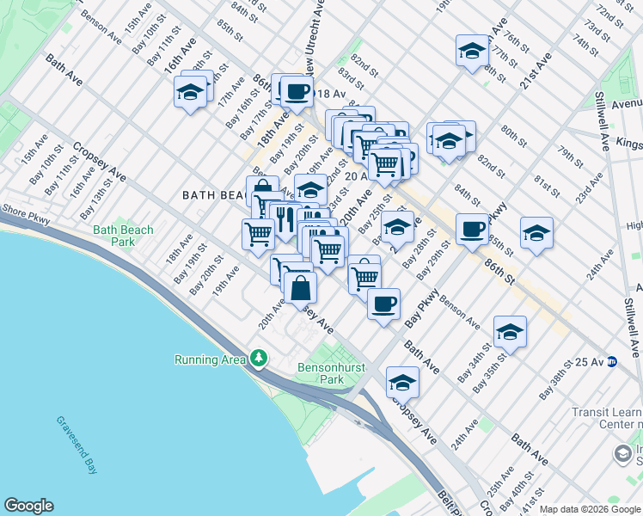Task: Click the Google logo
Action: click(28, 506)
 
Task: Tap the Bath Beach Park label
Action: click(123, 236)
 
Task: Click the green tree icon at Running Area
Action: click(259, 357)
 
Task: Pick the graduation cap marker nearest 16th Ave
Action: click(190, 91)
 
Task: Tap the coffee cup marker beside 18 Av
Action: click(297, 90)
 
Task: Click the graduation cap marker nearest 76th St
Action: click(471, 51)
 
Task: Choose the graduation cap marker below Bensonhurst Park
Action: click(401, 381)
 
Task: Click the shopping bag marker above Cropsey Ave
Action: click(300, 288)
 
